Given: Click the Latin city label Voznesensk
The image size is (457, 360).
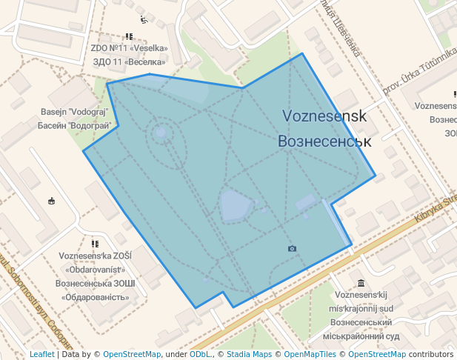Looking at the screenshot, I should [324, 116].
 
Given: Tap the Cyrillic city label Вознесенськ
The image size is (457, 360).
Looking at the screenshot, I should [324, 141].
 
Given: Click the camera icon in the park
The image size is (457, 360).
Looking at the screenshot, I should [292, 248].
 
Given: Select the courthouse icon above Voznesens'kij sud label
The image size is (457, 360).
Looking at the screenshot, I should [361, 283].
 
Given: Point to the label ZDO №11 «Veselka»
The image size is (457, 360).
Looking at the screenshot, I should [129, 49].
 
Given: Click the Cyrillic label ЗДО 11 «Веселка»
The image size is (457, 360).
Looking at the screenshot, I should [129, 61].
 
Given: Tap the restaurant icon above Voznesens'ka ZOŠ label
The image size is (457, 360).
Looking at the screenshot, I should [95, 243].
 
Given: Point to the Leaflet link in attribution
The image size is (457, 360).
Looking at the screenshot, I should [41, 354].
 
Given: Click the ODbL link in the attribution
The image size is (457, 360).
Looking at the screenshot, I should [200, 354].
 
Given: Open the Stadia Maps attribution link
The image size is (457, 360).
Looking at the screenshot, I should [249, 354].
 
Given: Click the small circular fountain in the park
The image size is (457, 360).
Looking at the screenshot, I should [161, 133].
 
